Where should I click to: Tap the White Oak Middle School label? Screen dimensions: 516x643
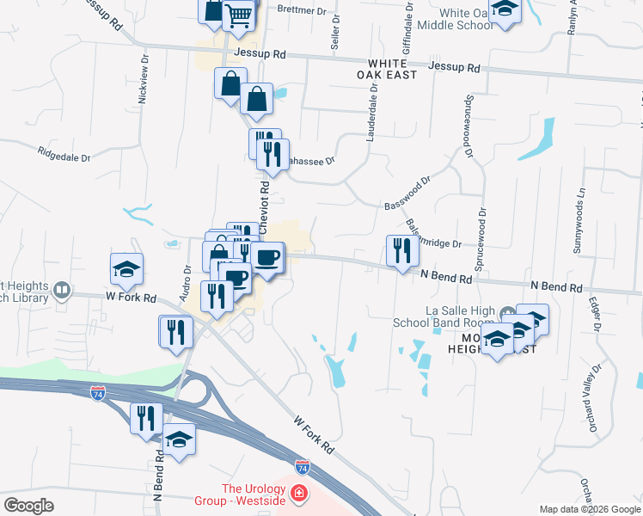[x=455, y=19]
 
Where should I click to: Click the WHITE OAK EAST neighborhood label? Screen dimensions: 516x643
[x=392, y=70]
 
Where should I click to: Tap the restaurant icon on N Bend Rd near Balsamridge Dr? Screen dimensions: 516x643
[x=402, y=250]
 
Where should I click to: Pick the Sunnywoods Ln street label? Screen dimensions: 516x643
[x=579, y=220]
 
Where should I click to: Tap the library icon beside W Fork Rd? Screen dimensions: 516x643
[x=61, y=290]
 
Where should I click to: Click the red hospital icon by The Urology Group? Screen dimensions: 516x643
[x=297, y=494]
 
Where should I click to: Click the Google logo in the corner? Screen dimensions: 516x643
[x=29, y=506]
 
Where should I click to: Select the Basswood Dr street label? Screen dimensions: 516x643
[x=407, y=195]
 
